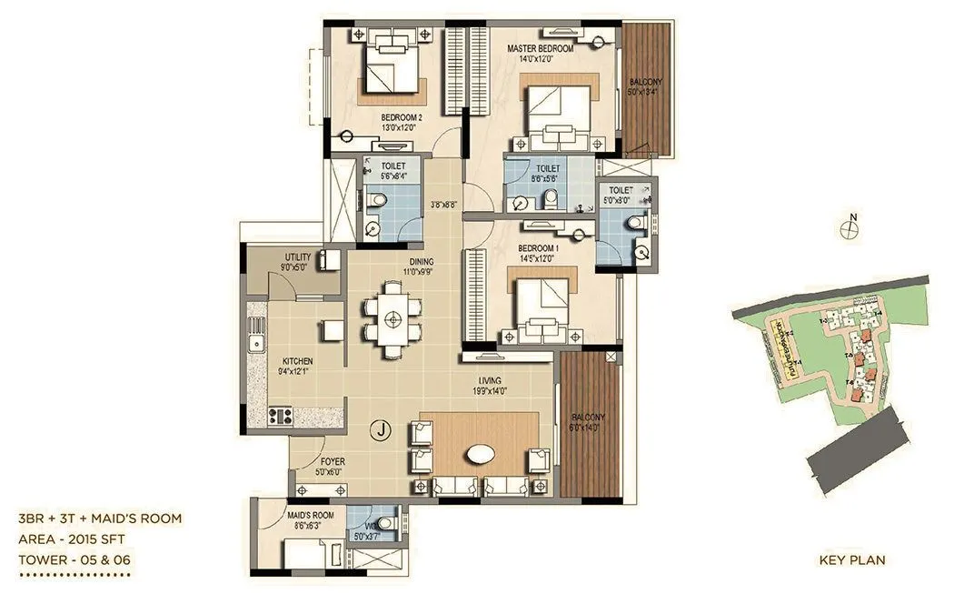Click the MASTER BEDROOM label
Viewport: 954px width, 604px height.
point(541,48)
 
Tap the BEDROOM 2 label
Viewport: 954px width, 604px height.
point(402,118)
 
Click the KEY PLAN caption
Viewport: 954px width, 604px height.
point(851,560)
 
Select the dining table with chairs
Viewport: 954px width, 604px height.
point(393,319)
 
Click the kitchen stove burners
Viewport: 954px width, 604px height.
point(280,417)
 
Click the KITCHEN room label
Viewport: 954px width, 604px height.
point(298,360)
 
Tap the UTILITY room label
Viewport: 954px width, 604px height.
point(298,258)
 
